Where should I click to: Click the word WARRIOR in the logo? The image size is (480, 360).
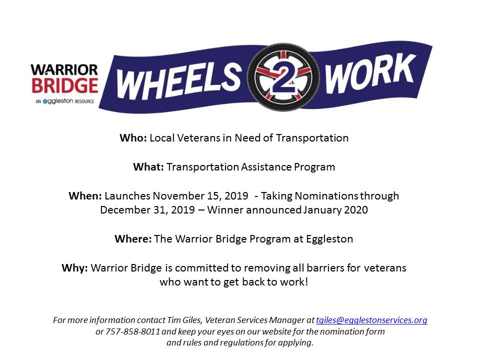(64, 69)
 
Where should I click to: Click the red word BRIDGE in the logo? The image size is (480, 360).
(65, 85)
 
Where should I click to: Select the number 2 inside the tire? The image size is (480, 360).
(283, 78)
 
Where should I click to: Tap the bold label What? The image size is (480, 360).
(148, 167)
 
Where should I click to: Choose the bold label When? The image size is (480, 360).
(85, 195)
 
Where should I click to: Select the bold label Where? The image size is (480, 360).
(133, 239)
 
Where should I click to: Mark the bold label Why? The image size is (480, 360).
(74, 268)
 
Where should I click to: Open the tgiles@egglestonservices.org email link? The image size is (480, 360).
(371, 320)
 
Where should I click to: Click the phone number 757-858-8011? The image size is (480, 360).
(133, 331)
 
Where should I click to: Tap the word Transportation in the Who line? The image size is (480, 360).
(312, 138)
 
